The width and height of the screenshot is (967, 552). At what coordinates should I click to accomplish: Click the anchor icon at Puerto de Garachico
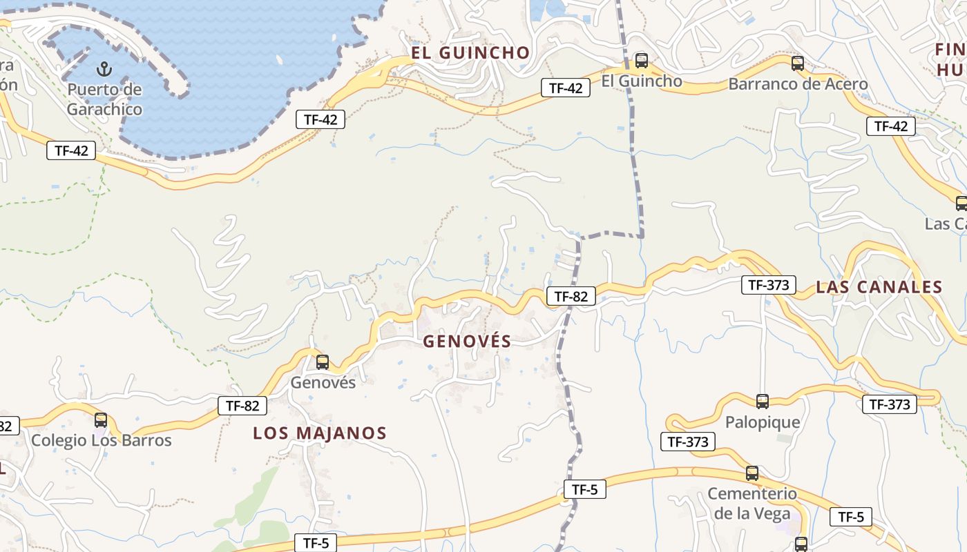104,69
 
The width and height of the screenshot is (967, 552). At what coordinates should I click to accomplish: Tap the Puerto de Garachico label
104,99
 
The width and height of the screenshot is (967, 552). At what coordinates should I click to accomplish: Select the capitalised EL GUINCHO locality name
470,53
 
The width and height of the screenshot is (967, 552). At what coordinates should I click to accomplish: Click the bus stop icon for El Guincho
642,61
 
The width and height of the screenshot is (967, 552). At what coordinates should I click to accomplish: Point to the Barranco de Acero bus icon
798,63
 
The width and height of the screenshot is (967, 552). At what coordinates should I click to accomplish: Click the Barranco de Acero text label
798,84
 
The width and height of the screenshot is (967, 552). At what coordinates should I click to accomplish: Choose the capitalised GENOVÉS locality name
467,341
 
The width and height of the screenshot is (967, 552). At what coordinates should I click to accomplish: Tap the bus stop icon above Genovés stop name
323,362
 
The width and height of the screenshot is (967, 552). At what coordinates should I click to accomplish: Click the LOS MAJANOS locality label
319,433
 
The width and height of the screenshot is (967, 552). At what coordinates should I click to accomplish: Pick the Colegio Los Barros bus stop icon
101,420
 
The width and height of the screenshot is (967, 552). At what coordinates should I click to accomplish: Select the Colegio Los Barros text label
102,440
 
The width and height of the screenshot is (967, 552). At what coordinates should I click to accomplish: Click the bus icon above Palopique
763,402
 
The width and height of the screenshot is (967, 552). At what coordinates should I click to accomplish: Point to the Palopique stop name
763,422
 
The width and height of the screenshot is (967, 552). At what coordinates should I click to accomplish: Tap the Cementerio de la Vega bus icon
752,473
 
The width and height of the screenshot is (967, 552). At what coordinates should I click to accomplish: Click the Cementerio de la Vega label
752,504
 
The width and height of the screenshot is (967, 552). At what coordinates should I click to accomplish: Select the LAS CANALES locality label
879,288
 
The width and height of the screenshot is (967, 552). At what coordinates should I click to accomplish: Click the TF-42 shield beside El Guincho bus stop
565,88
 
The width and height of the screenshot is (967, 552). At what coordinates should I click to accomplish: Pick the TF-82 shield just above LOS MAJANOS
242,406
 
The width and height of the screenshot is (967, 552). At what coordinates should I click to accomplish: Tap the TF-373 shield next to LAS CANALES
768,284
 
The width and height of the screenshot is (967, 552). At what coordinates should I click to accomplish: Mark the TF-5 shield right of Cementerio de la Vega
850,517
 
